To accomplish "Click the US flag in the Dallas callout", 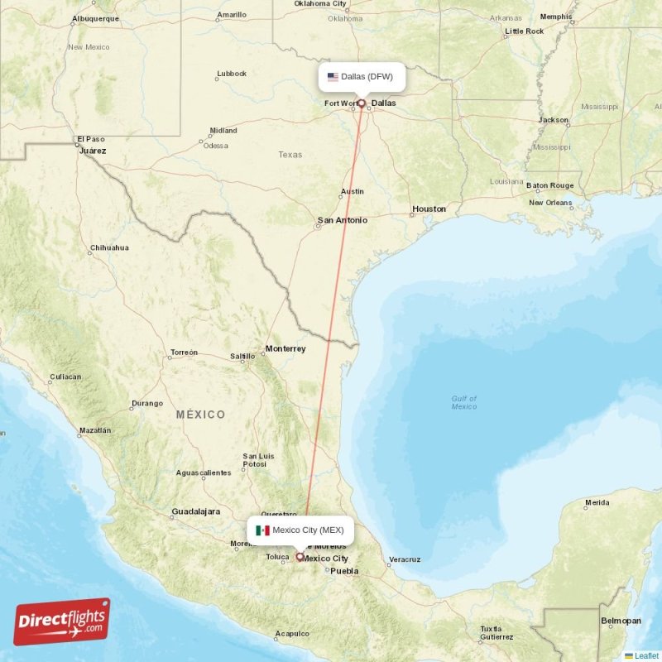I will click(x=333, y=77).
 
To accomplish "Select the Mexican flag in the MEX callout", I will click(x=263, y=530).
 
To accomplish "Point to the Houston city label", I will click(x=429, y=209).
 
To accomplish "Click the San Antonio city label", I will click(x=343, y=221).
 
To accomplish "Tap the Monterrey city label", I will click(x=285, y=348).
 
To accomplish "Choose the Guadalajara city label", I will click(x=195, y=512).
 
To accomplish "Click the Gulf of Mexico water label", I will click(x=464, y=402).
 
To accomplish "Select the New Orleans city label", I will click(x=550, y=203).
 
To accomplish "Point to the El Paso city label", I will click(x=90, y=139).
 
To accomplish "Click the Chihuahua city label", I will click(x=109, y=247).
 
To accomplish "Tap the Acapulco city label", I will click(x=293, y=634).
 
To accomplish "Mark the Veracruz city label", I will click(x=405, y=559).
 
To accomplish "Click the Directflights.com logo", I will click(x=62, y=621).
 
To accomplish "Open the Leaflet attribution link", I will click(x=646, y=655).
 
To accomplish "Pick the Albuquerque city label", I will click(x=95, y=18).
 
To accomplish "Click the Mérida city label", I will click(x=597, y=502).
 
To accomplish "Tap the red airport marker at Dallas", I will click(x=362, y=103).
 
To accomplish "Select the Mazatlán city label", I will click(x=94, y=430).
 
